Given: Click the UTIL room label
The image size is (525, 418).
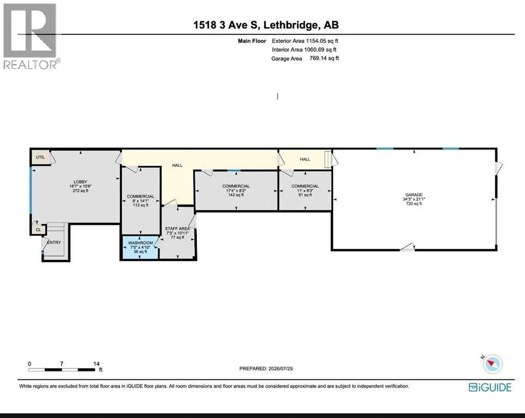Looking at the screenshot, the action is coord(40,157).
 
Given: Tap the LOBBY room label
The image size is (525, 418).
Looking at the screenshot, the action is coord(80,182).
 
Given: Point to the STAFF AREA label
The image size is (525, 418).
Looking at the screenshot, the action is coord(178,229).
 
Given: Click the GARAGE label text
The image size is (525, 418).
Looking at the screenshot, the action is coord(414,195).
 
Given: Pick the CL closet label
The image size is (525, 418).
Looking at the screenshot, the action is coord(38,230).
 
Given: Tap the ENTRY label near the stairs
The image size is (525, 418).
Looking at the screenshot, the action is coord(54,242).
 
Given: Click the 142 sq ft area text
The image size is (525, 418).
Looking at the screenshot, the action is coord(236,195).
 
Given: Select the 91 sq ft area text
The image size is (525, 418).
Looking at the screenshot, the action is coord(305,195).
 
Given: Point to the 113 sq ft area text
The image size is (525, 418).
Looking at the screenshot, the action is coord(141,205).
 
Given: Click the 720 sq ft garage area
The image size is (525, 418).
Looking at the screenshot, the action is coord(414,204).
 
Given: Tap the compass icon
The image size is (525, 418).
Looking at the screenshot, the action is coord(492,364).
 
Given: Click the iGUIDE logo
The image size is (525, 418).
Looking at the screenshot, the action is coord(490,387).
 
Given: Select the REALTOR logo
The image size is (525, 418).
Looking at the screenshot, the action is coord(31,36).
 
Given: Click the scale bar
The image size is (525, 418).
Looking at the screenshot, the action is coord(62,370).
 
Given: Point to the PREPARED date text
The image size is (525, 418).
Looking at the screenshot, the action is coord(266,368).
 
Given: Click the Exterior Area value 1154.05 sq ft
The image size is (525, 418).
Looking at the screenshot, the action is coord(322,41).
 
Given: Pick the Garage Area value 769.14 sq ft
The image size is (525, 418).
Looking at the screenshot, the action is coord(324,58).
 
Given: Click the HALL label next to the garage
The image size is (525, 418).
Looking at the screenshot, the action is coord(305,159).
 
